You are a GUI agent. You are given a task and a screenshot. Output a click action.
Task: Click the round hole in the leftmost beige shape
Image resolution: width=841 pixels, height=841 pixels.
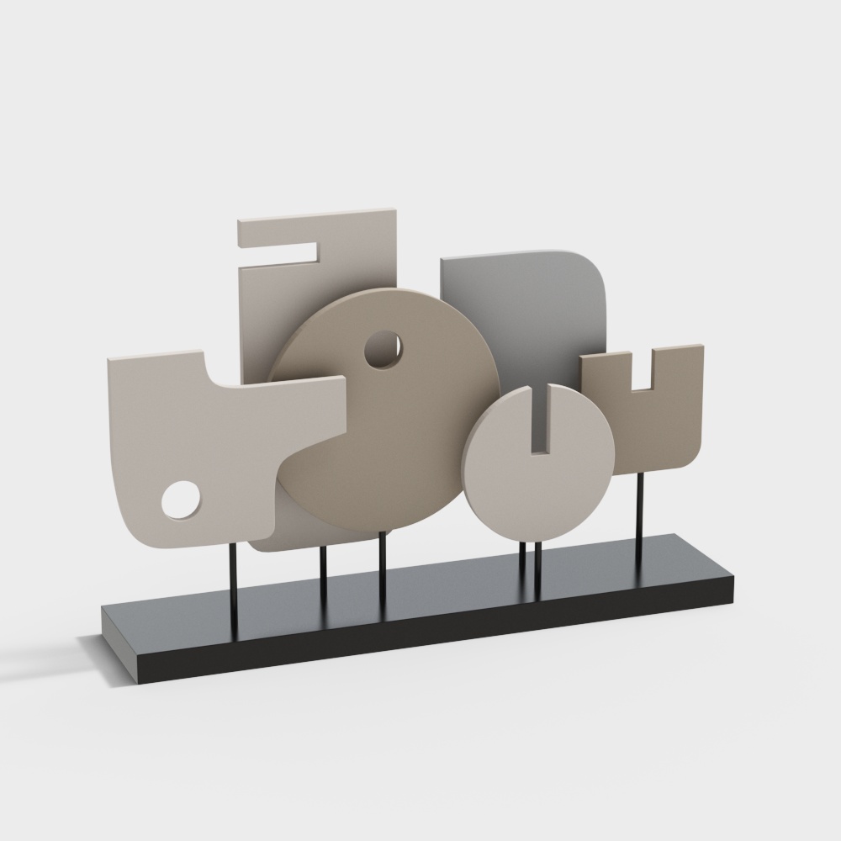[x=181, y=500]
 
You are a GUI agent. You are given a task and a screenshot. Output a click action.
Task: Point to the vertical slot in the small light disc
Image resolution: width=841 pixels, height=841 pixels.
[x=539, y=420]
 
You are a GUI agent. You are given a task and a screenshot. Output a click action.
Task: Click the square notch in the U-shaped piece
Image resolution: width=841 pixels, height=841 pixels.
[x=641, y=371]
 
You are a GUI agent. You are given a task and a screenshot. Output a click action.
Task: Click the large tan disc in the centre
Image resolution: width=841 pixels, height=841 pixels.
[x=404, y=420]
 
